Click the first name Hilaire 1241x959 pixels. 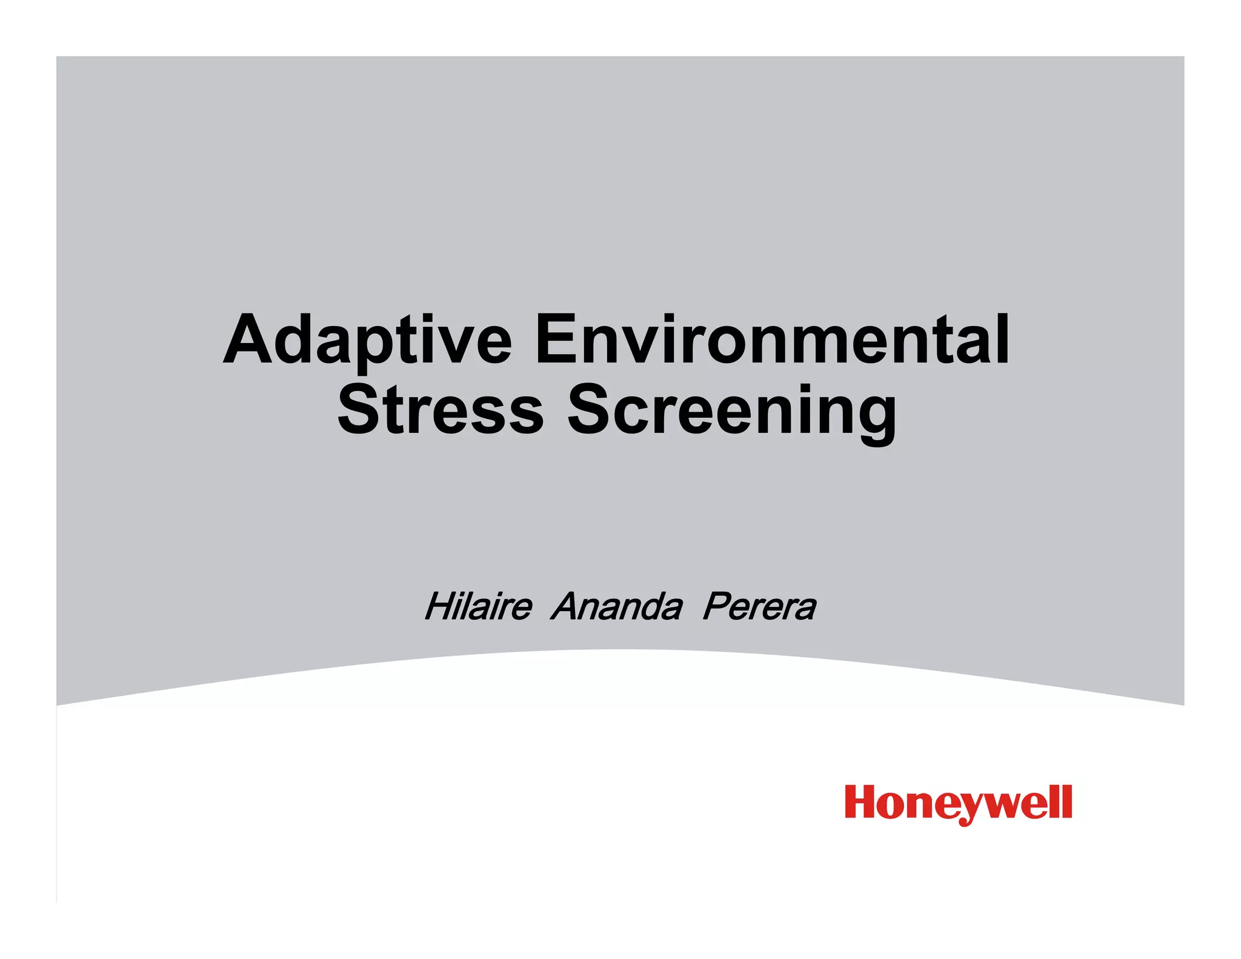(478, 606)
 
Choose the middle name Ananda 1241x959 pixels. (616, 606)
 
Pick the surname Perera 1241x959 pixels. (759, 606)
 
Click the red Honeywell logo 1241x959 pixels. (958, 803)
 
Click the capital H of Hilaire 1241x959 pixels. (441, 606)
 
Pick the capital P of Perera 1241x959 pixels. (718, 606)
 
